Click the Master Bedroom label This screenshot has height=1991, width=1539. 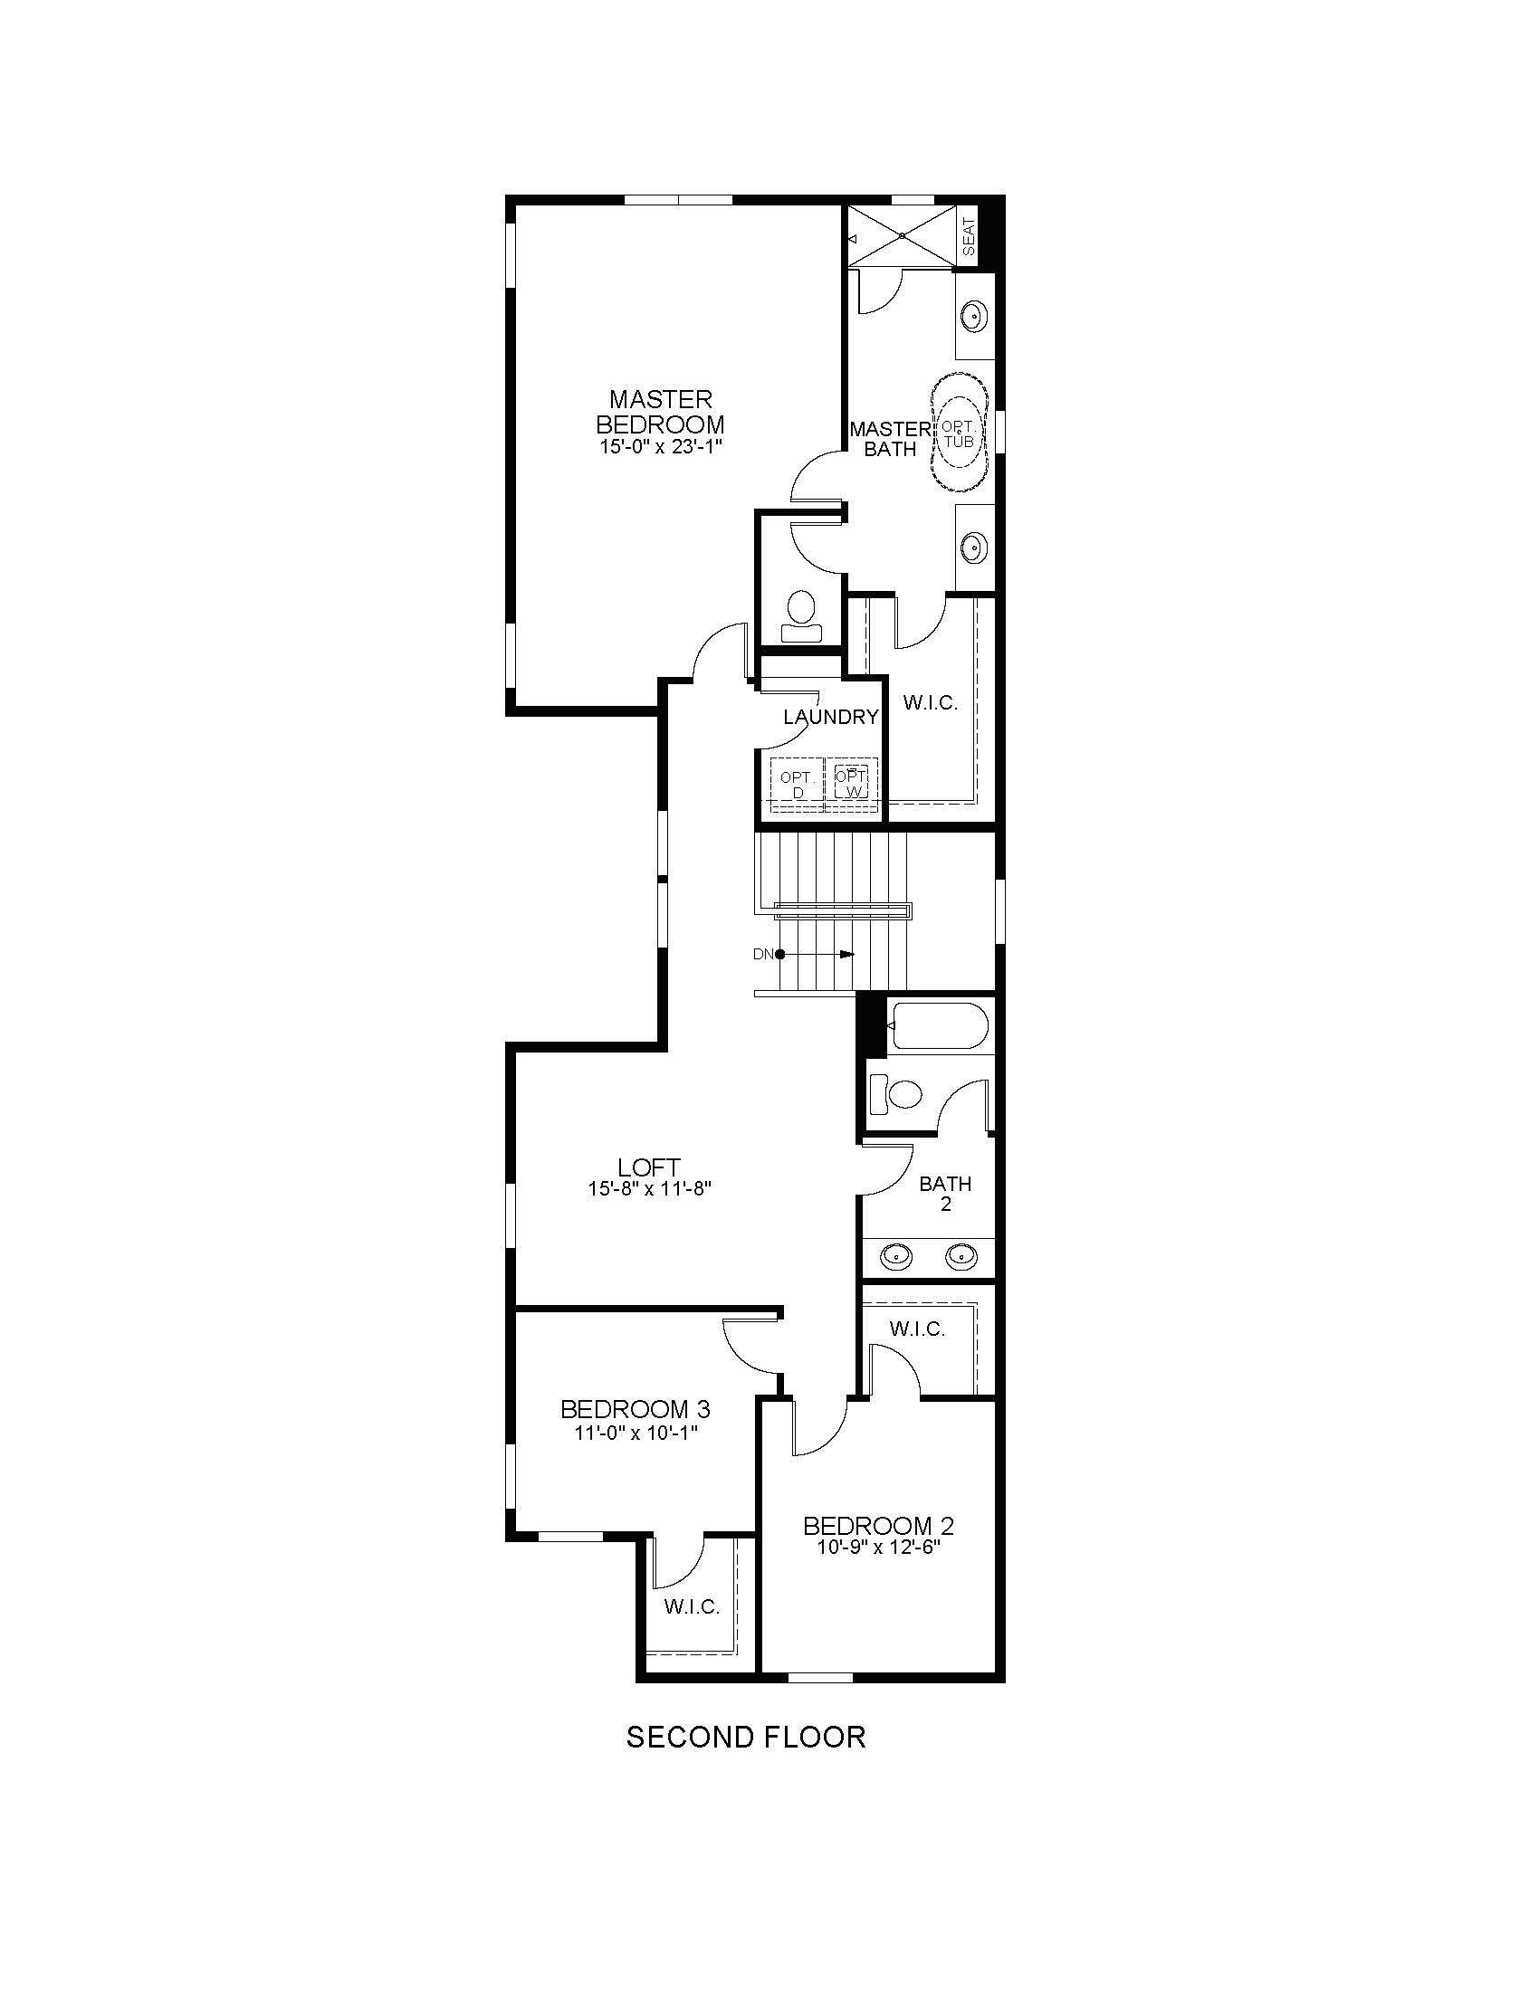[659, 411]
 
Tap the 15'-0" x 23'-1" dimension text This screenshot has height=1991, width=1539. [659, 448]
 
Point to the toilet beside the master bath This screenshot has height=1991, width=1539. [802, 608]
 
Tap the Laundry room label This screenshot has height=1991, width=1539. [830, 717]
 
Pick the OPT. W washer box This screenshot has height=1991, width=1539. [853, 783]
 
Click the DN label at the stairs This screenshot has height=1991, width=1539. [762, 955]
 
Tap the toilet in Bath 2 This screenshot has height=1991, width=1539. [895, 1093]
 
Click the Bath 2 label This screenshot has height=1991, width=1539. [945, 1194]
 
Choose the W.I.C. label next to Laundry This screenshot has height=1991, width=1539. [930, 703]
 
